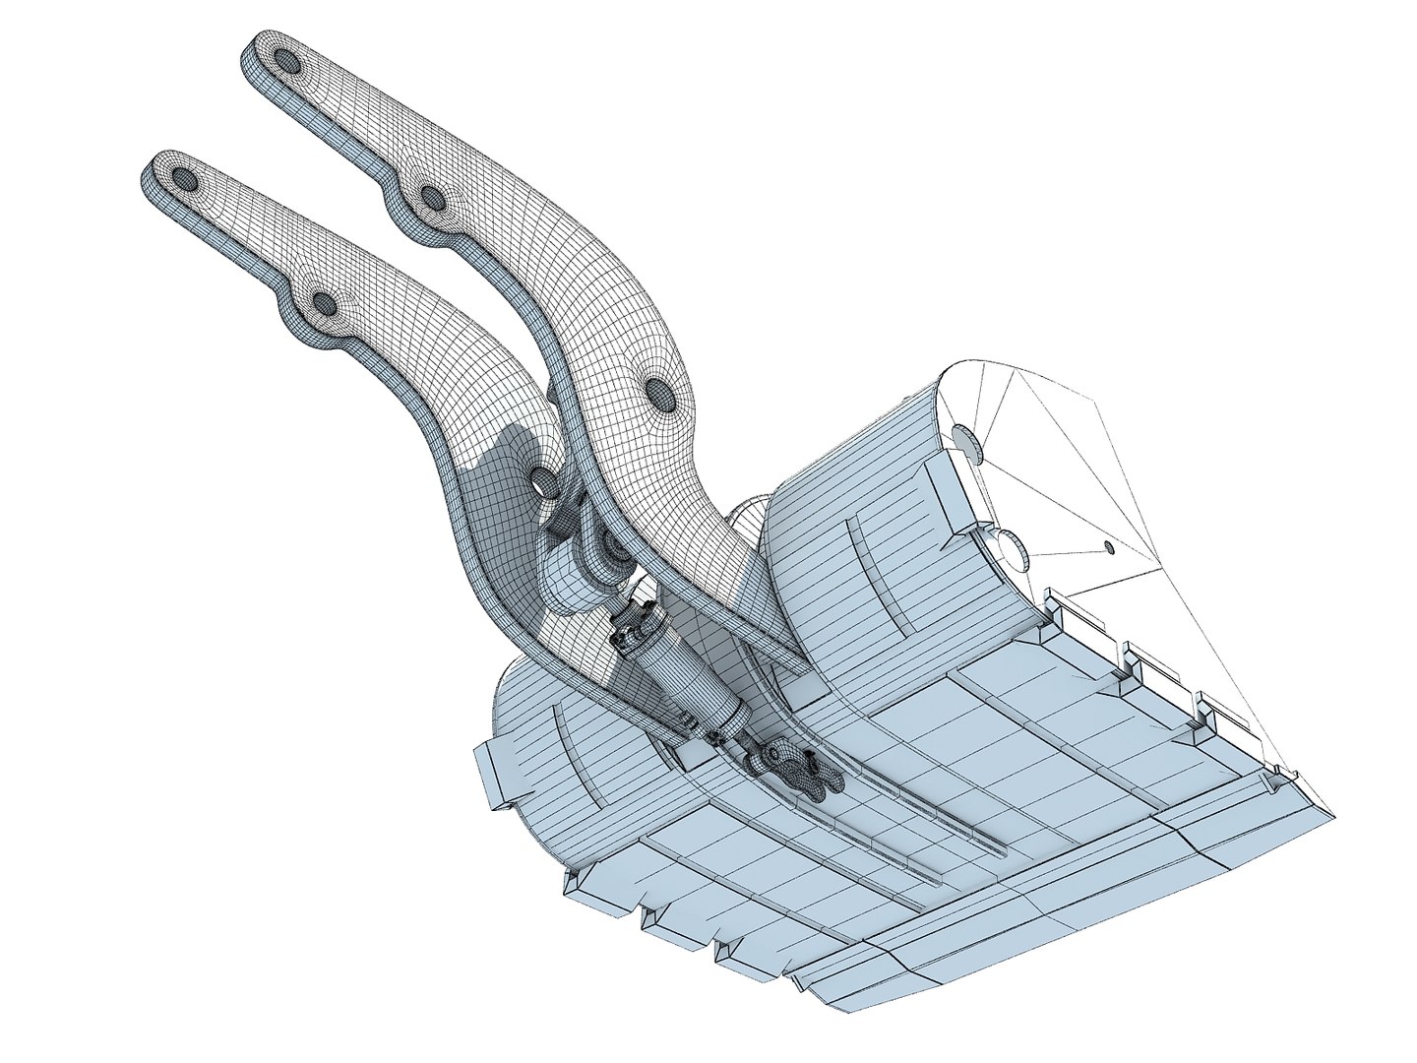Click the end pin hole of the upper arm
coord(287,62)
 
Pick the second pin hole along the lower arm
coord(322,302)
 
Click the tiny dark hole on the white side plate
coord(1108,547)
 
